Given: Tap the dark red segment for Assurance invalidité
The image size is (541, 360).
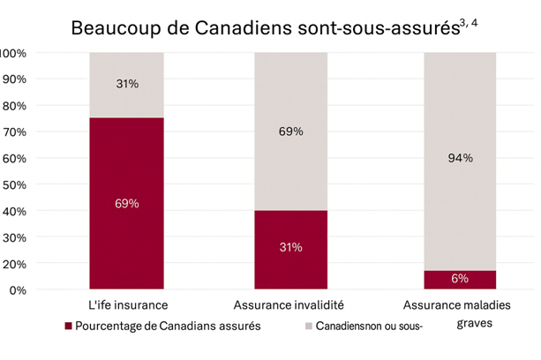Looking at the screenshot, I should pyautogui.click(x=291, y=265).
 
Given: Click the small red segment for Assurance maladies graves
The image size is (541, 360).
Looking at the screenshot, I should pyautogui.click(x=459, y=280).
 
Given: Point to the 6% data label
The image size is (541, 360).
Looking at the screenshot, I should pyautogui.click(x=459, y=279).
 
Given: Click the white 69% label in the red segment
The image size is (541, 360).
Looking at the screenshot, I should pyautogui.click(x=126, y=204).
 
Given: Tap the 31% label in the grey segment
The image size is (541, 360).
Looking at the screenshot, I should pyautogui.click(x=126, y=85).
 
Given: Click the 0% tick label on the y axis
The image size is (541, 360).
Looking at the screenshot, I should pyautogui.click(x=19, y=289).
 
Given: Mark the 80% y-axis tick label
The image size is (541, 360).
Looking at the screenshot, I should pyautogui.click(x=15, y=105).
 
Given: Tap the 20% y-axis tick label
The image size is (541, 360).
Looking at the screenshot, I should pyautogui.click(x=15, y=263).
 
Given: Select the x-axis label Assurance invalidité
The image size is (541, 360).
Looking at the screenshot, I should pyautogui.click(x=291, y=305).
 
